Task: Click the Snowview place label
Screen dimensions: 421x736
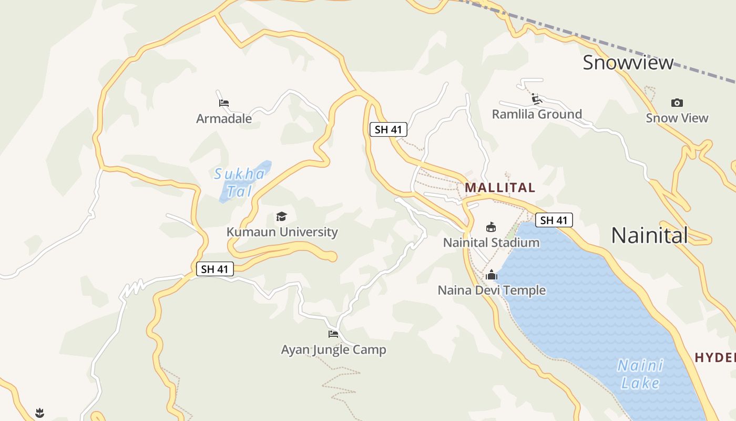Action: click(628, 63)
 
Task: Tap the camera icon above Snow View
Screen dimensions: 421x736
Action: click(677, 103)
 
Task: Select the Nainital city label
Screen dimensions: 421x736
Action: click(649, 235)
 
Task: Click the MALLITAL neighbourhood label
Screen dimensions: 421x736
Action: click(500, 187)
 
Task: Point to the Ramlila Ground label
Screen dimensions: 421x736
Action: click(537, 114)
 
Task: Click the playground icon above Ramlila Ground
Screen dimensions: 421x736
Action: click(536, 99)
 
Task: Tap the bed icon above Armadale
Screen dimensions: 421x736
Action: click(224, 103)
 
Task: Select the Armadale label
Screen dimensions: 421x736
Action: click(224, 119)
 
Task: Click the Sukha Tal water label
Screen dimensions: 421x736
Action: click(240, 182)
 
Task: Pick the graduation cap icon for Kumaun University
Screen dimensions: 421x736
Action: click(282, 216)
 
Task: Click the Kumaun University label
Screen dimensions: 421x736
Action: click(282, 232)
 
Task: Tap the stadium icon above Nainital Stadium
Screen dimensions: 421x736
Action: click(491, 227)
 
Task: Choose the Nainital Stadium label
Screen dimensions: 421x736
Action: click(491, 243)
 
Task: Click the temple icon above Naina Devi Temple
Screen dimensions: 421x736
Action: click(492, 275)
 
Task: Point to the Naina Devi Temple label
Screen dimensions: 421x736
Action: click(492, 290)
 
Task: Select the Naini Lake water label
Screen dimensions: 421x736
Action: click(640, 374)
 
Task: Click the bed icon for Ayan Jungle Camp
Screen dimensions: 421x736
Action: click(333, 334)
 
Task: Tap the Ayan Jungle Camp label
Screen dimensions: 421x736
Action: click(333, 350)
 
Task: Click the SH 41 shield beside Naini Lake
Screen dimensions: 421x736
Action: click(554, 220)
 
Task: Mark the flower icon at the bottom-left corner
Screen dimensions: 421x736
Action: click(39, 413)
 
